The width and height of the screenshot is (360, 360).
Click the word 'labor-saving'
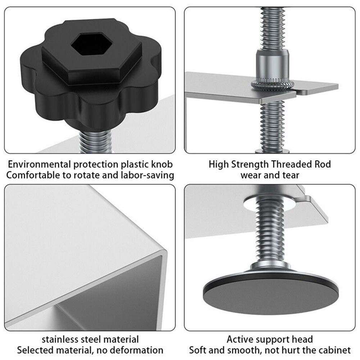pos(147,176)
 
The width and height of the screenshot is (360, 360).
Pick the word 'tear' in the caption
pos(290,176)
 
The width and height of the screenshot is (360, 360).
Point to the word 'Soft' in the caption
pos(198,350)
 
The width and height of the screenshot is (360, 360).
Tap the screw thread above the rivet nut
pos(271,29)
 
